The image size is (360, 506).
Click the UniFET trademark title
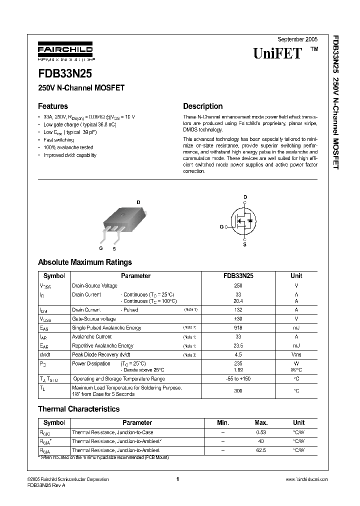pos(278,53)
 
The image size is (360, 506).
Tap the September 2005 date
pos(297,39)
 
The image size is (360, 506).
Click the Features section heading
pos(53,106)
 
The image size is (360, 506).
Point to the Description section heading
pos(202,106)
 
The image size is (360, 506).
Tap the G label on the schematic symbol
pos(221,226)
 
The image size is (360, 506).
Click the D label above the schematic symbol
pos(245,197)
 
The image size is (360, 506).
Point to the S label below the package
pos(114,248)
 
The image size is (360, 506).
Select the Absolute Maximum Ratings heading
pos(85,262)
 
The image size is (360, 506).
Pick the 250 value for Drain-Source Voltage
pos(238,285)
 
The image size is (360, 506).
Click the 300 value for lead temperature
pos(238,390)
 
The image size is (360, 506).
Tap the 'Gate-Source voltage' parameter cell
pos(94,318)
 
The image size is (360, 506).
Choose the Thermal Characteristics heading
pos(78,409)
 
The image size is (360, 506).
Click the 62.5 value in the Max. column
pos(260,450)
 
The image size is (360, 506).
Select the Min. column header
pos(223,422)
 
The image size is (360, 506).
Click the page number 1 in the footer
pos(177,479)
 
